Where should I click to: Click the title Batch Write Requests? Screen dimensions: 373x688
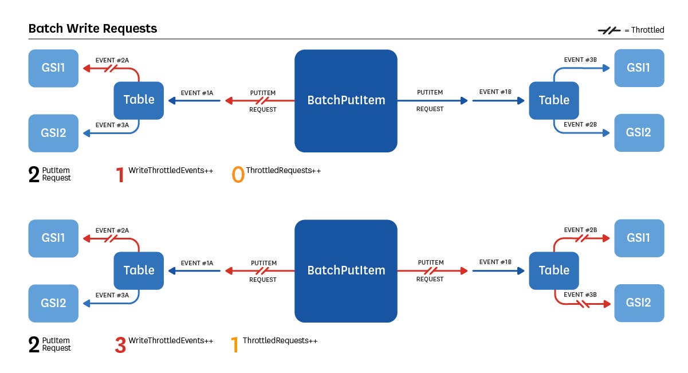(92, 28)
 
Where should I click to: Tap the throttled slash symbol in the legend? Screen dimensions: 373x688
(609, 30)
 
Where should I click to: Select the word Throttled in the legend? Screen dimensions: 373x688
(647, 30)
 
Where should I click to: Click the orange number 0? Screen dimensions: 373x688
(238, 175)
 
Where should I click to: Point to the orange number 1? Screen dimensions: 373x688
(234, 345)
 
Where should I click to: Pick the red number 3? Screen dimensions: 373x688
(120, 345)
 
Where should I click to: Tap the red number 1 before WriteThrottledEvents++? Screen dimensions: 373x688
(120, 175)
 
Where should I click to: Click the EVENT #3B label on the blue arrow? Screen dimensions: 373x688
(580, 60)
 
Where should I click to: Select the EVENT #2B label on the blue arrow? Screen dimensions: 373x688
(580, 124)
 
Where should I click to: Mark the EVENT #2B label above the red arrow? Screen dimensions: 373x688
(580, 230)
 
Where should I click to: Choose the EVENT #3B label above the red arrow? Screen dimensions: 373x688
(580, 295)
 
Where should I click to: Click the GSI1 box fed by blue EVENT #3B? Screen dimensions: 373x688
(639, 68)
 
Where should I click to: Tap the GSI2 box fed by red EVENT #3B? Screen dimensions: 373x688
(639, 303)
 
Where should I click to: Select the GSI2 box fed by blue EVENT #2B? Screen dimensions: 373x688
(639, 132)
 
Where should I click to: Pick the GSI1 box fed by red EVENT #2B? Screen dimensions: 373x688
(639, 238)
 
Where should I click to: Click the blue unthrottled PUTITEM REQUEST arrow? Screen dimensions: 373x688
(430, 100)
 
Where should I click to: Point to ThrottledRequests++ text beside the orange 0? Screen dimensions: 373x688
(283, 171)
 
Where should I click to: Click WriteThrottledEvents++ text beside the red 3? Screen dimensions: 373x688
(171, 341)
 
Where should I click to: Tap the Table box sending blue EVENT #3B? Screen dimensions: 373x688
(554, 100)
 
